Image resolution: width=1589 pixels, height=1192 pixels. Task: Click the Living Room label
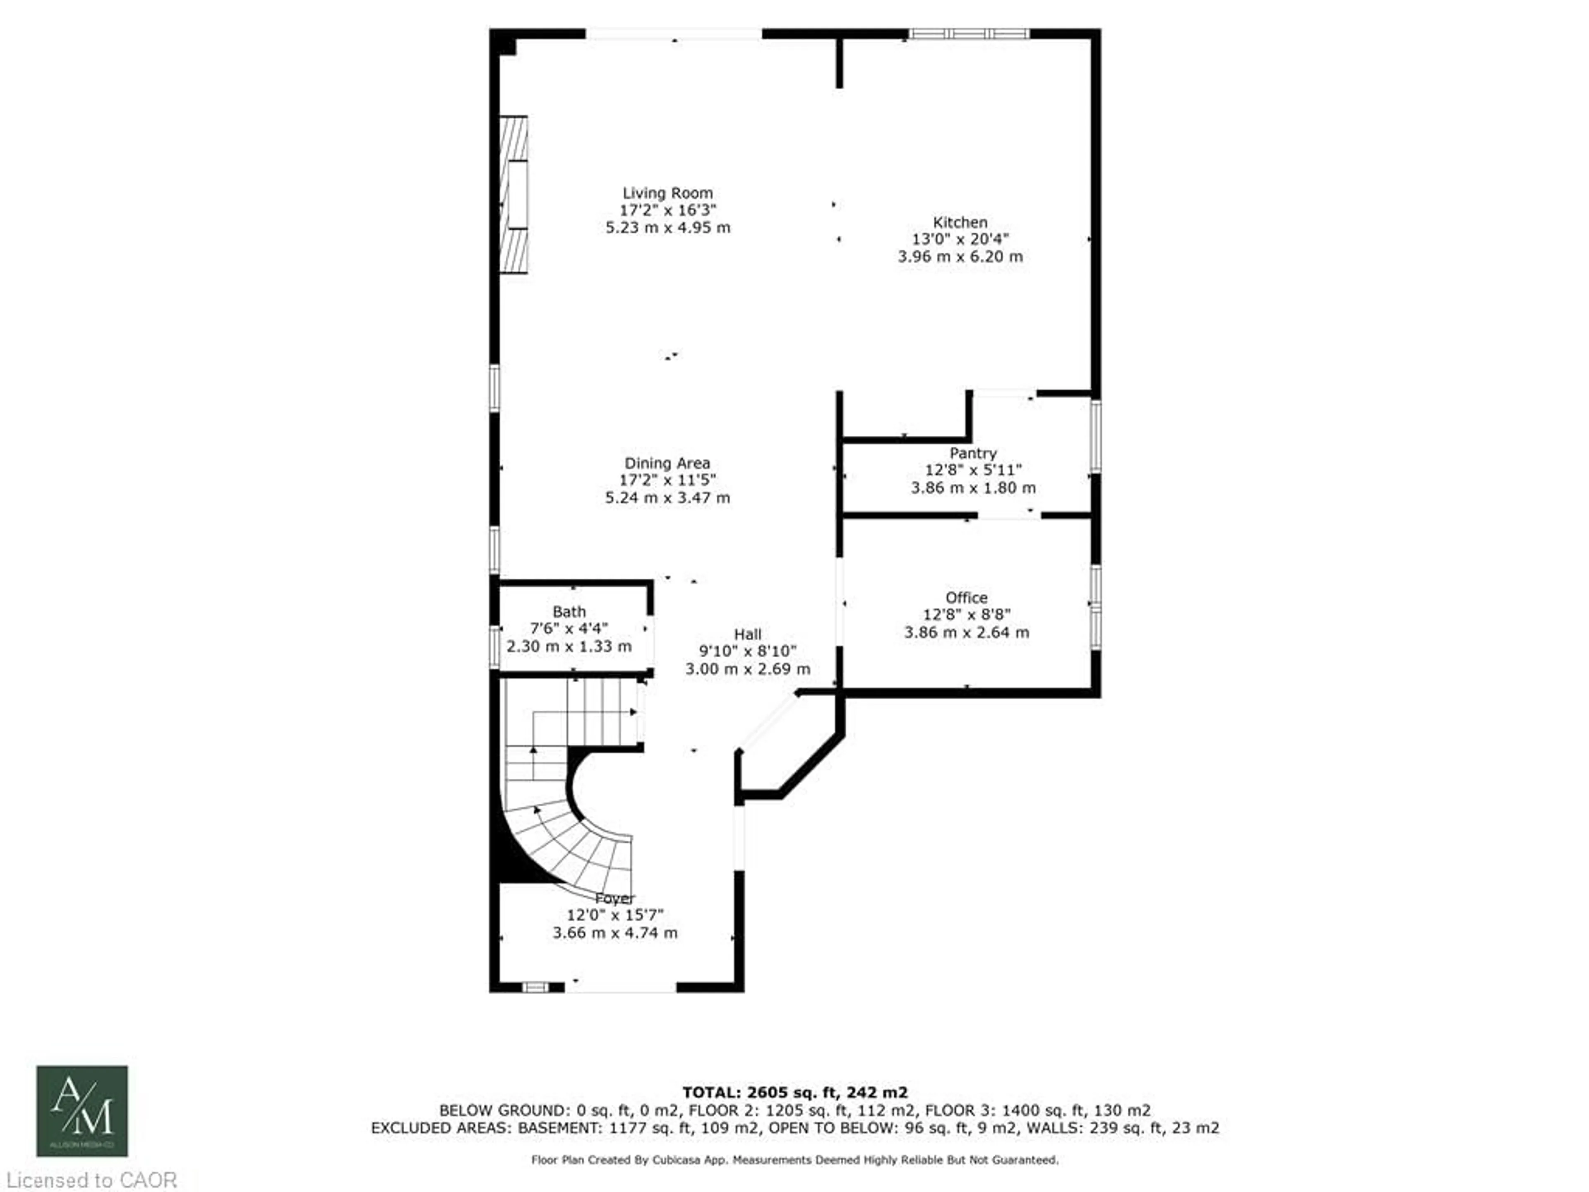[x=667, y=193]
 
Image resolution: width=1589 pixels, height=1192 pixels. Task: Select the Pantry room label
[x=973, y=453]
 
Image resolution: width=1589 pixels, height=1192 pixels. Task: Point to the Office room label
[x=966, y=598]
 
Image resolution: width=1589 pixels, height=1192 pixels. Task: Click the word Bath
[x=569, y=612]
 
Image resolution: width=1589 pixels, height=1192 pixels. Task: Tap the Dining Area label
[x=667, y=464]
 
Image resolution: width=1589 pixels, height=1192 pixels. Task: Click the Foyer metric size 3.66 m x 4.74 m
[x=615, y=932]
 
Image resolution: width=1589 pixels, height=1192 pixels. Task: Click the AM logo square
[x=82, y=1111]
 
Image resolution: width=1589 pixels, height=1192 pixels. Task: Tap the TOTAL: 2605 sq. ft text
[x=794, y=1093]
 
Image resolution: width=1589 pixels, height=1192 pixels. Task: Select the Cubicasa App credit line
[x=794, y=1160]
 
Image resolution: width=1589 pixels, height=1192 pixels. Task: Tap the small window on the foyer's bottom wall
[x=535, y=987]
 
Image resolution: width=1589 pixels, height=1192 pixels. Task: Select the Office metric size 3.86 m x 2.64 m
[x=966, y=632]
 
